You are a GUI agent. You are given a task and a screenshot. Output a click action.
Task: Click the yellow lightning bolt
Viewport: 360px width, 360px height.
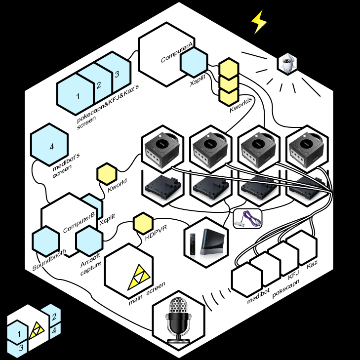tap(258, 22)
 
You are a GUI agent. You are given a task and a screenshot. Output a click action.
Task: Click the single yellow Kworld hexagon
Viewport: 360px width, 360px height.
tap(106, 173)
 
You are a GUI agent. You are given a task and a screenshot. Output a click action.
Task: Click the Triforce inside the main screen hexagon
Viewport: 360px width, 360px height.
tap(136, 280)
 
